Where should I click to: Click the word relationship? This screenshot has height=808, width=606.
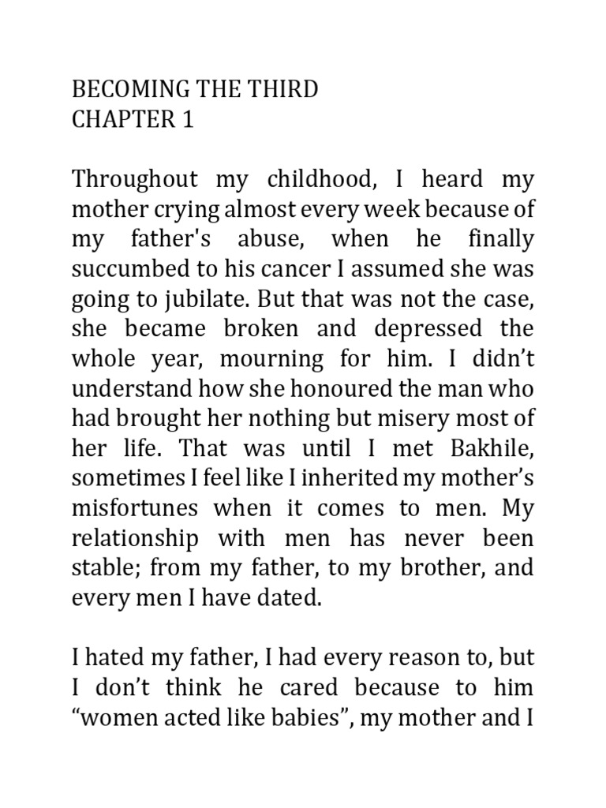[x=123, y=539]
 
